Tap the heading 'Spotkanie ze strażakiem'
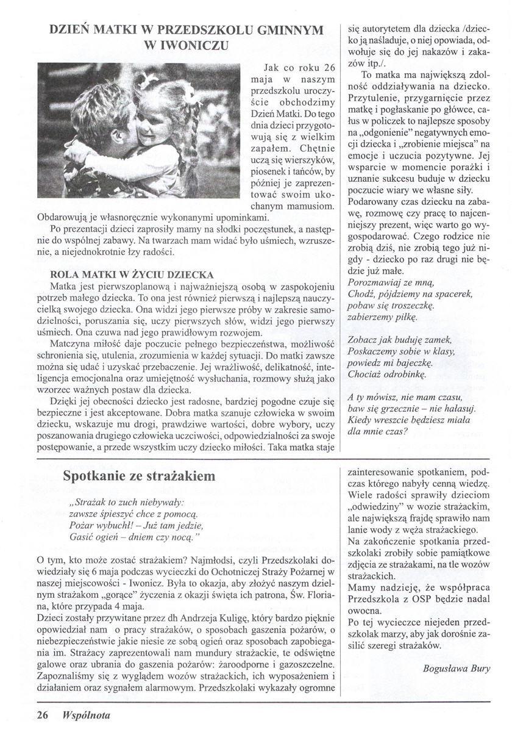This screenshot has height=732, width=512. (x=139, y=476)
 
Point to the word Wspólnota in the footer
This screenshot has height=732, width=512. (x=85, y=714)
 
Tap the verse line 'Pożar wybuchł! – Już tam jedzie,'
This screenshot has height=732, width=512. (x=136, y=525)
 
